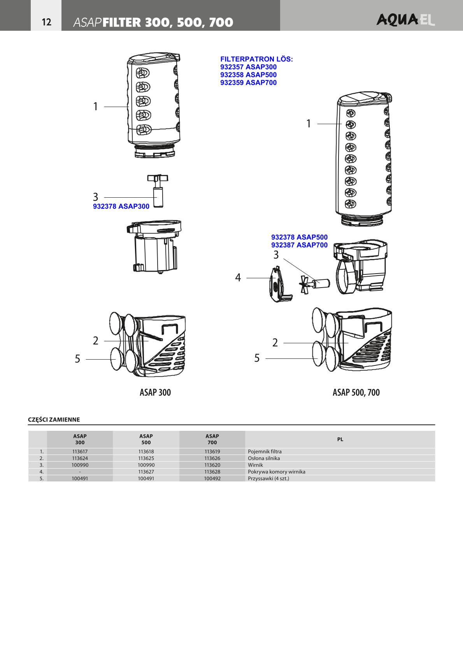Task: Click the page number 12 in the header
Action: point(46,22)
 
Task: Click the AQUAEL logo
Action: point(405,20)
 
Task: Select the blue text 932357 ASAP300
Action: point(248,67)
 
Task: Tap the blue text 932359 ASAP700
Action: point(248,83)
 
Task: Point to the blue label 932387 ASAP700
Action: point(299,245)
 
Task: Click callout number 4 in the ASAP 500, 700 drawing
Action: point(238,277)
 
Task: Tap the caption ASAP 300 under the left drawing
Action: point(155,392)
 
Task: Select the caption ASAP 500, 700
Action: point(356,392)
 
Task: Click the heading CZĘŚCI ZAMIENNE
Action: point(54,420)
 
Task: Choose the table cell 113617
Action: point(80,451)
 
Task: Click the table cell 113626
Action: point(212,458)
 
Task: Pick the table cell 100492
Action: point(212,478)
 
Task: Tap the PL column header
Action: point(340,439)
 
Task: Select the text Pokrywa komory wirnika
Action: point(276,472)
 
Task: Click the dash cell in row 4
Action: point(80,472)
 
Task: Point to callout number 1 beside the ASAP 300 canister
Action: point(95,106)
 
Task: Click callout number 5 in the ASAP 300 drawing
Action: point(77,359)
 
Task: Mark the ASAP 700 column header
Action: point(212,439)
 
